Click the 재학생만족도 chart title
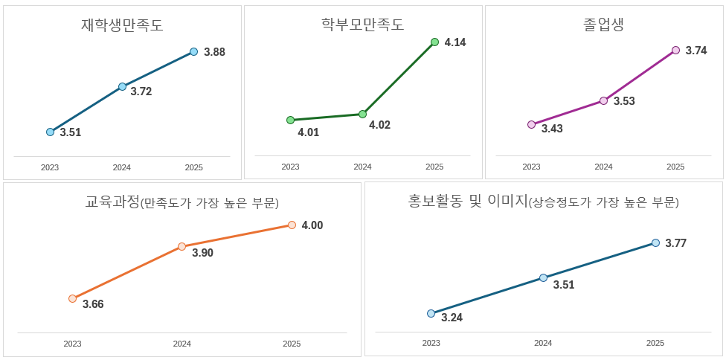(x=122, y=25)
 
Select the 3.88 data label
(x=214, y=52)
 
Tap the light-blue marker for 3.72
(x=123, y=87)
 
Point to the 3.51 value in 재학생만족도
(x=71, y=132)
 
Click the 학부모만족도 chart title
(x=362, y=25)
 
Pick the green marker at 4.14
(x=435, y=42)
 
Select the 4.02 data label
(x=379, y=125)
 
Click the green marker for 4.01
(x=290, y=120)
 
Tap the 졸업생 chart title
(x=603, y=25)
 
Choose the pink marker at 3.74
(x=675, y=51)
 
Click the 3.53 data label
(x=624, y=101)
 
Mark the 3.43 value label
(x=552, y=129)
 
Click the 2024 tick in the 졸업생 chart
(x=603, y=167)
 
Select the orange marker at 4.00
(x=292, y=225)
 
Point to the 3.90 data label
(x=202, y=253)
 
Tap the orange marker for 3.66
(x=72, y=298)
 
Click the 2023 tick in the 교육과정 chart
(x=72, y=344)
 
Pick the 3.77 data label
(x=675, y=243)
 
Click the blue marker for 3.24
(x=431, y=313)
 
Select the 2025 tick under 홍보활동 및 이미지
(x=655, y=343)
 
